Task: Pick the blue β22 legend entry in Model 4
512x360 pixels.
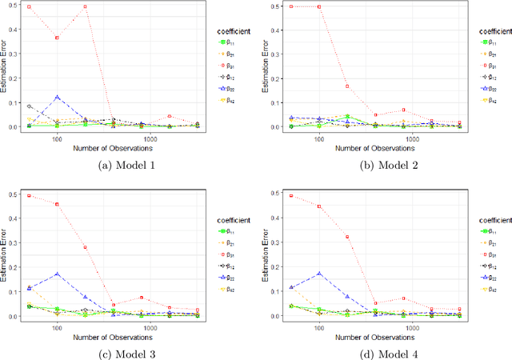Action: (x=486, y=279)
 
